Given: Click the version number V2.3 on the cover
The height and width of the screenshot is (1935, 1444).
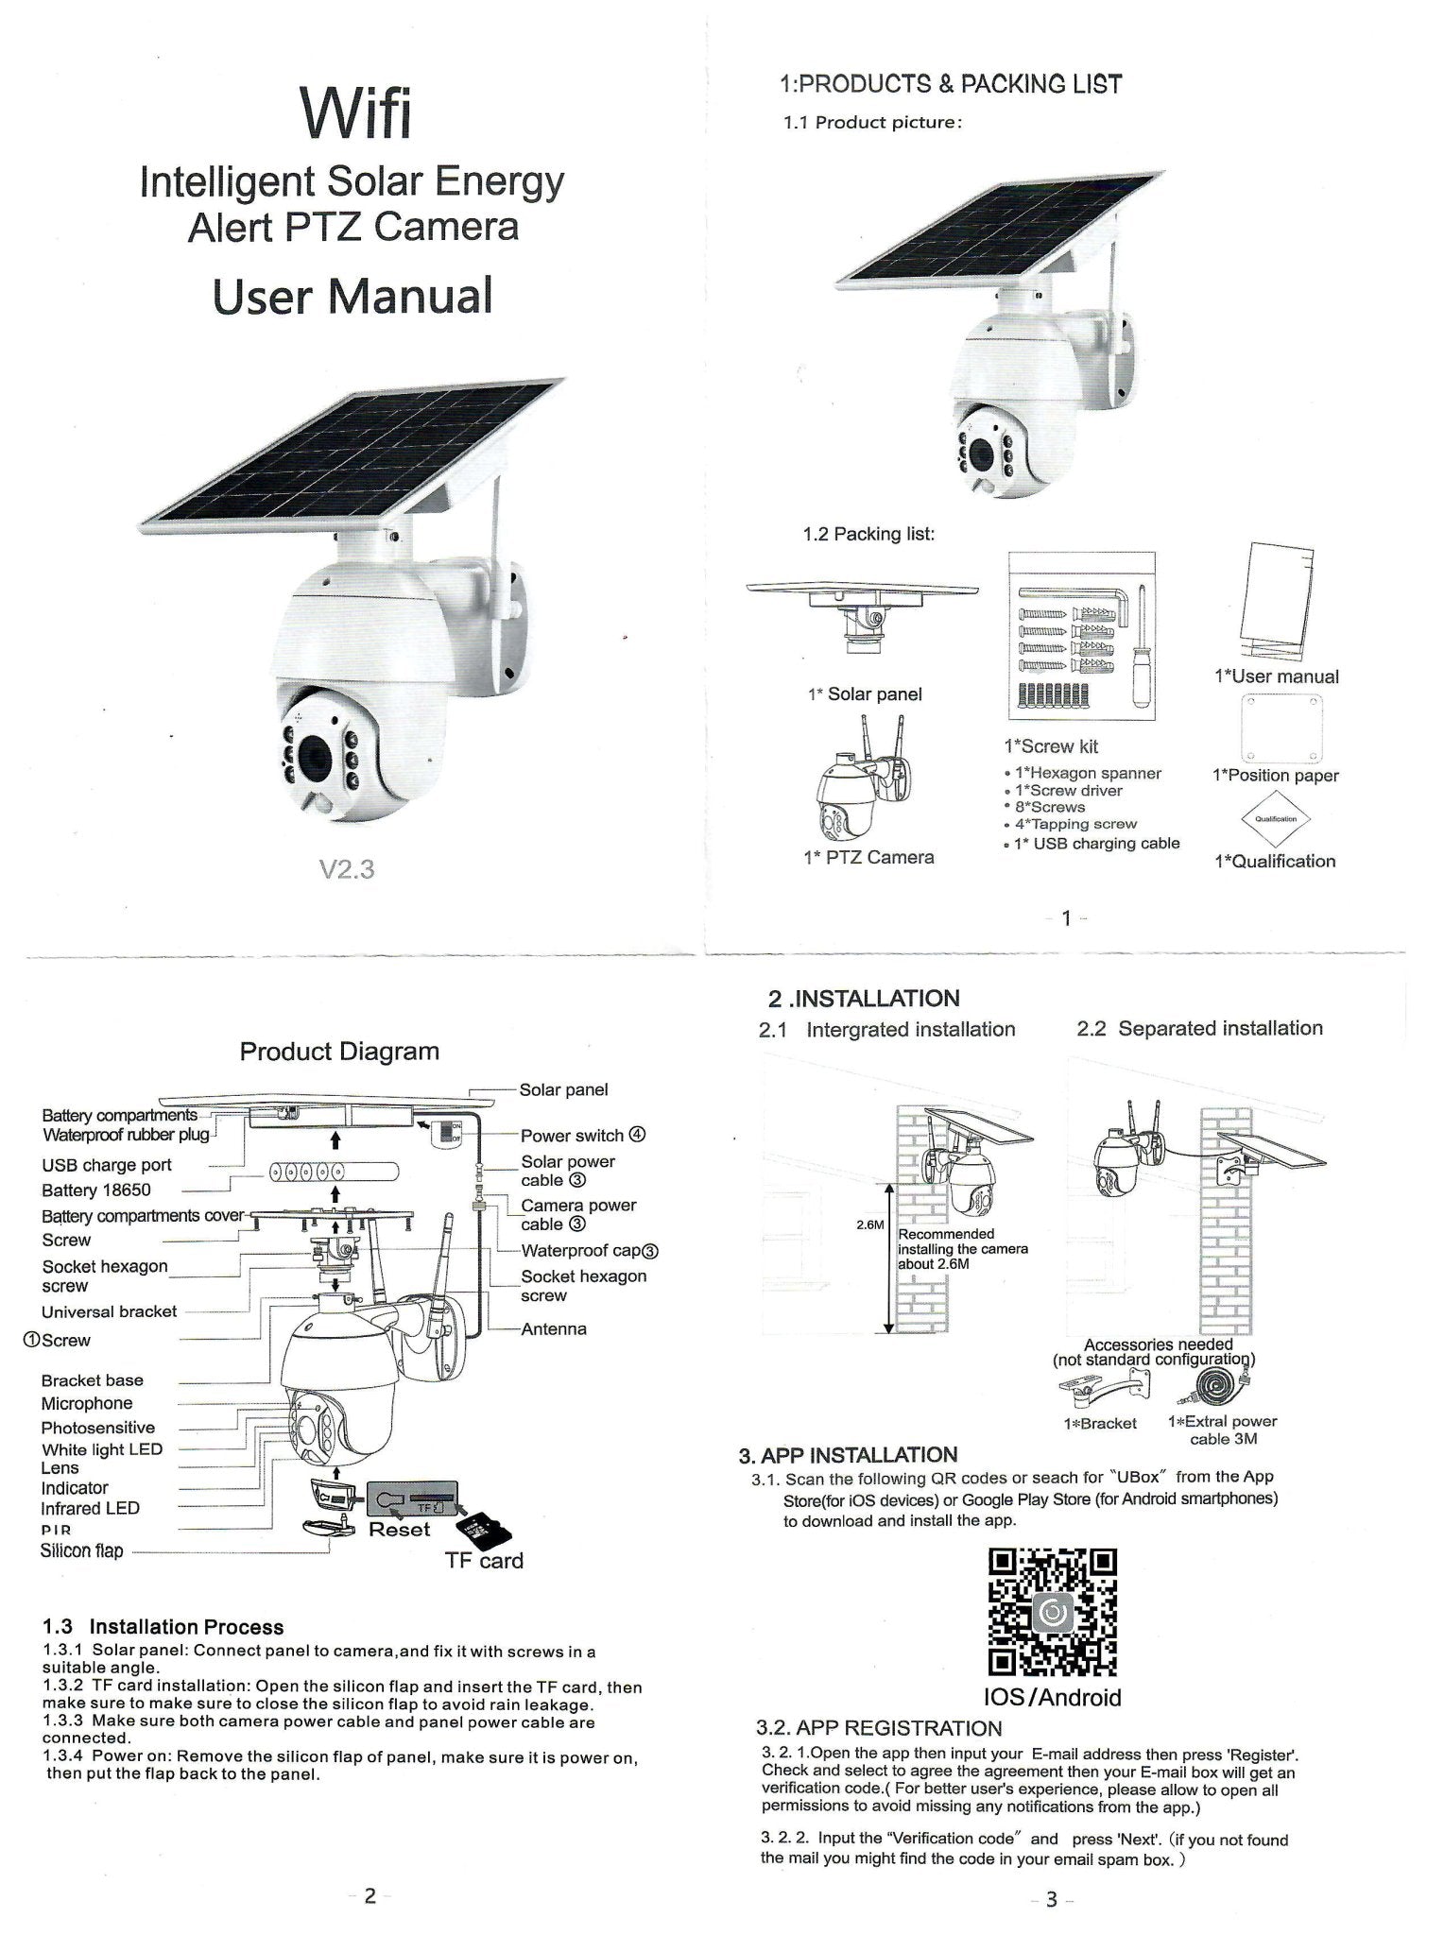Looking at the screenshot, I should pos(347,869).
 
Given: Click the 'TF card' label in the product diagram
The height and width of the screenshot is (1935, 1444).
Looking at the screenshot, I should pos(484,1560).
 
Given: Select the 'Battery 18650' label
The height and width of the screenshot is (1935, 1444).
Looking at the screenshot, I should pos(95,1190).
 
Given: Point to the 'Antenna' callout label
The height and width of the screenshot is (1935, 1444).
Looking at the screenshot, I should pos(554,1328).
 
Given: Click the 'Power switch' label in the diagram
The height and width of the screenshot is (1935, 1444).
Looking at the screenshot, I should pos(573,1136).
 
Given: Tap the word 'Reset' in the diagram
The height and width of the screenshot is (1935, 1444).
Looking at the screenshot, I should pos(399,1529).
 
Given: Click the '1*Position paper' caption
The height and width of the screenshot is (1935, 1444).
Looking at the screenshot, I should pos(1275,776).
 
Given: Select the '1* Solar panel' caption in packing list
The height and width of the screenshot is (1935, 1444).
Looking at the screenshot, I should pos(865,694).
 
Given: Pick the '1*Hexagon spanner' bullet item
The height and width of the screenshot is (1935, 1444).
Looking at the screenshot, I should pos(1088,773).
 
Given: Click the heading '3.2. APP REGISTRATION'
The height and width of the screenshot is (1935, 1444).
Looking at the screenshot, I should pos(879,1728).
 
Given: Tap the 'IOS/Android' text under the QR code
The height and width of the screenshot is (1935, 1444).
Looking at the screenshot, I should pos(1052,1697).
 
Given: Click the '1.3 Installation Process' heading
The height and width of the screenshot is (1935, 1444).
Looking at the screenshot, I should pos(163,1627).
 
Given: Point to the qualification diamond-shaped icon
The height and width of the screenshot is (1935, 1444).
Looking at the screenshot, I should pos(1275,819).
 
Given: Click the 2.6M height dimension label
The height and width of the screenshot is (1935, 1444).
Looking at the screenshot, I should pos(868,1225).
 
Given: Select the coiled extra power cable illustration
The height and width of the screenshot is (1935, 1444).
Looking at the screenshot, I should pos(1213,1388).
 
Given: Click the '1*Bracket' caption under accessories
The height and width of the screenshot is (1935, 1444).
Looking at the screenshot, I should pos(1100,1424).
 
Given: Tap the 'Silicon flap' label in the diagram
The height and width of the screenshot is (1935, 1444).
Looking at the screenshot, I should pos(81,1550).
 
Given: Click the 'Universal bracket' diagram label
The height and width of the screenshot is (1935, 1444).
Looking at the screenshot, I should pos(109,1311).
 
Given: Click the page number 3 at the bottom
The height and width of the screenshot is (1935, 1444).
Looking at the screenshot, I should pos(1051,1900).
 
